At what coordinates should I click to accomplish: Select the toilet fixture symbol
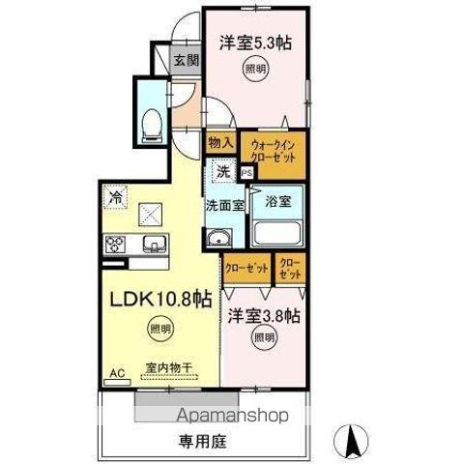pos(151,121)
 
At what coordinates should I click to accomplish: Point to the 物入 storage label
pos(219,141)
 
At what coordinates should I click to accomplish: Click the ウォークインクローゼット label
pos(273,151)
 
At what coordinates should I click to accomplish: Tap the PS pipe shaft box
pos(246,172)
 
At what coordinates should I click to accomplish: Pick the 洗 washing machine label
pos(223,172)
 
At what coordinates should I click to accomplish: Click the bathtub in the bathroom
pos(278,232)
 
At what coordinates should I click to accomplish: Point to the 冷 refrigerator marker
pos(115,193)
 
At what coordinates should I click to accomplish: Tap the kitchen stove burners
pos(116,243)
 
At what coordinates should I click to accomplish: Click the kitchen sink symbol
pos(153,243)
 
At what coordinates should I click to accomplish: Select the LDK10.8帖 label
pos(160,300)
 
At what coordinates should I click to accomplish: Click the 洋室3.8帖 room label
pos(264,315)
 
